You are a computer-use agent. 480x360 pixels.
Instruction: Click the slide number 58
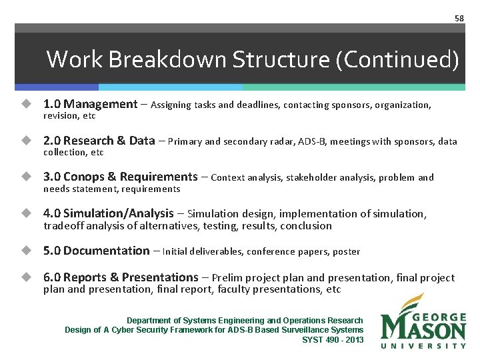pos(459,18)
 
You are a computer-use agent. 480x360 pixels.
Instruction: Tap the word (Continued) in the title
pos(398,60)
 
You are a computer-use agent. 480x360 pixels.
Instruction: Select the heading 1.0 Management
pos(90,104)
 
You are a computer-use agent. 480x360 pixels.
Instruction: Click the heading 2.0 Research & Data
pos(99,141)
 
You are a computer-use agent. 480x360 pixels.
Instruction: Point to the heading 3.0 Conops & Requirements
pos(120,177)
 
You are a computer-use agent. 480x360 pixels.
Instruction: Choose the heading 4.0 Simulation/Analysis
pos(108,213)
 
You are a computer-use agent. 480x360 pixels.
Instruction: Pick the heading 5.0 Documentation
pos(96,251)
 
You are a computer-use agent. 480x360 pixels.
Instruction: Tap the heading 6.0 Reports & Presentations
pos(121,277)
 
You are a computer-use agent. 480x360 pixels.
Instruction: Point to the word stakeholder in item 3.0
pos(293,177)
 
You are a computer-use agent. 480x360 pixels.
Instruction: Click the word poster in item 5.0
pos(345,251)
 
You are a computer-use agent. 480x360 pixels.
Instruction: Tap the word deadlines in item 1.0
pos(258,105)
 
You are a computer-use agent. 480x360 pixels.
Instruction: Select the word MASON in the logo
pos(423,329)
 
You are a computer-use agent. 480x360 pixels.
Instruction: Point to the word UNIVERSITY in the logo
pos(423,345)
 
